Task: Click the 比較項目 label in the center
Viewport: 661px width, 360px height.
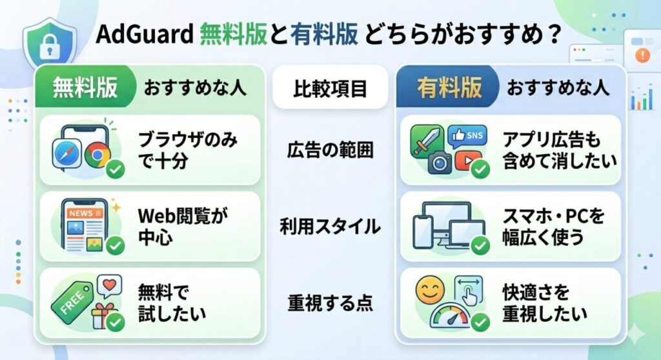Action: pyautogui.click(x=330, y=88)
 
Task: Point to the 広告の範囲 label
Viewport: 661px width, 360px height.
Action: pyautogui.click(x=330, y=150)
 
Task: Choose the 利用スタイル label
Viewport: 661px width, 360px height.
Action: pyautogui.click(x=330, y=226)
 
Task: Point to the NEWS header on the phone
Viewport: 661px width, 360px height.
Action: pyautogui.click(x=82, y=212)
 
